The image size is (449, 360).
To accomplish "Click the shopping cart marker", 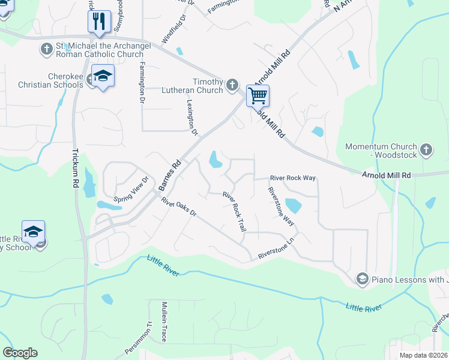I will click(x=258, y=95).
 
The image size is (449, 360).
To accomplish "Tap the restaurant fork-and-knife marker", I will click(x=99, y=22).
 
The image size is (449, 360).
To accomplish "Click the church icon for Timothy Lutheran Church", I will click(x=233, y=86).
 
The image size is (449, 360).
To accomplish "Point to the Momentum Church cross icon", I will click(x=426, y=150).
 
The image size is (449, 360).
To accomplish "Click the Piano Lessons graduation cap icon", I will click(x=362, y=278).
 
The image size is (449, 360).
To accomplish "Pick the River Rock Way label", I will click(x=293, y=178).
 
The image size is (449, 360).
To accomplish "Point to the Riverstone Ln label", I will click(x=277, y=250).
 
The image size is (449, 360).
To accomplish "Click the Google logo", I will click(x=20, y=353).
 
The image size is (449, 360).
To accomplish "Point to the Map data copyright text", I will click(x=424, y=355).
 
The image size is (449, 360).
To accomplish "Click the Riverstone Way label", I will click(x=281, y=206).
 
